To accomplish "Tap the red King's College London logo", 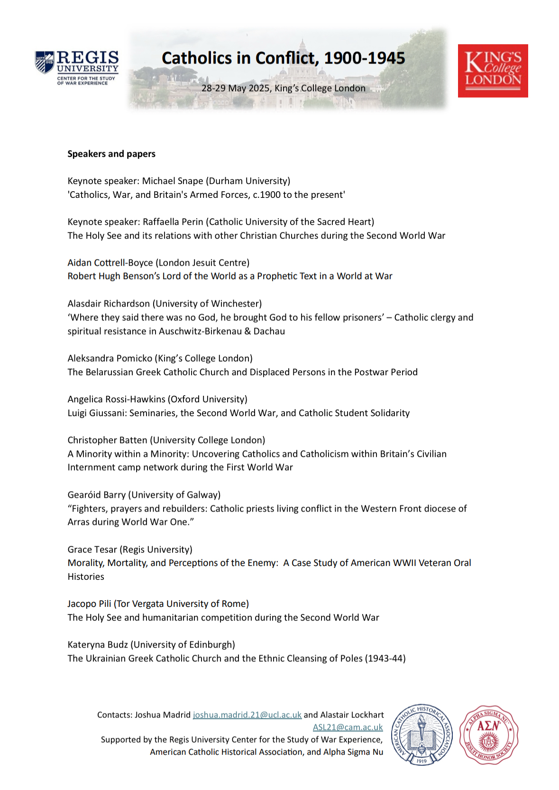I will [493, 71].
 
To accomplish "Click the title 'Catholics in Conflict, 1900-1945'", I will [283, 58].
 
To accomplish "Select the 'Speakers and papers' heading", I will [111, 154].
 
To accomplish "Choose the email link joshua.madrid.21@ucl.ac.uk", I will [247, 715].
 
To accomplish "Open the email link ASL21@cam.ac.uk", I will [348, 727].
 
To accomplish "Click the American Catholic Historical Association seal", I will [422, 734].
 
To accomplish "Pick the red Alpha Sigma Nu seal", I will [489, 734].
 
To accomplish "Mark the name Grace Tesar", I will [92, 549].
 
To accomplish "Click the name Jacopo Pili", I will [89, 604].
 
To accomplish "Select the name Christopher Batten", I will [107, 440].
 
